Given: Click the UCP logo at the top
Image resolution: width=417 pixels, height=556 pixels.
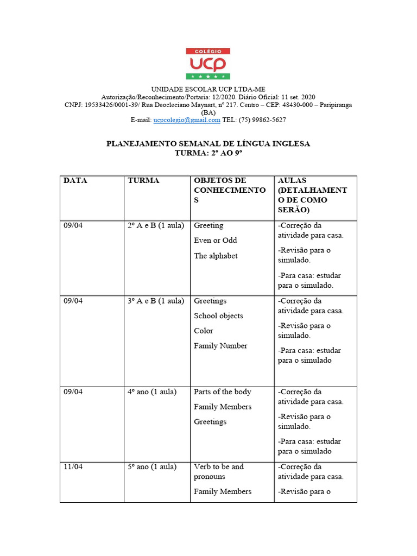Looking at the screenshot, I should pos(208,64).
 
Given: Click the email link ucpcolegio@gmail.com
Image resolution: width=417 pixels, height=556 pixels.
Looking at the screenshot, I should pos(187,120).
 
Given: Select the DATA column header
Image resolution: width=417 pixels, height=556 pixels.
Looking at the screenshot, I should pos(75,181).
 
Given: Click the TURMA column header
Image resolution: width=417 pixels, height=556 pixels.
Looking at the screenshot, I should pos(143,181).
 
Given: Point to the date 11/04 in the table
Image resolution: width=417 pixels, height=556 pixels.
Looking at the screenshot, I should pos(73,467).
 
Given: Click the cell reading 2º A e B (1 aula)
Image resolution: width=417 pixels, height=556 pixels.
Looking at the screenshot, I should pos(156,226).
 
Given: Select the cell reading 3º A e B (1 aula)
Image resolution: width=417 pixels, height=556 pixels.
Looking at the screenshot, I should pos(156,301).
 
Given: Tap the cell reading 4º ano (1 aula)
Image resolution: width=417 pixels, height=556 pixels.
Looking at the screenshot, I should pos(152,392).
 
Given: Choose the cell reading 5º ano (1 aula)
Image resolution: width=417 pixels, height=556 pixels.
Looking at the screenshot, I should pos(152,467).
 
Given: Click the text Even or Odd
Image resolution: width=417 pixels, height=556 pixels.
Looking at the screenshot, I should pos(216,241).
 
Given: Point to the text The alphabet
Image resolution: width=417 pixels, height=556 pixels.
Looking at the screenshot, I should pos(216,256).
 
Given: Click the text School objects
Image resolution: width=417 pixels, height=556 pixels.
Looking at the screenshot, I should pos(218,316).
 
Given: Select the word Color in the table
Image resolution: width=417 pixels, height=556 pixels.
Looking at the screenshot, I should pos(204,331).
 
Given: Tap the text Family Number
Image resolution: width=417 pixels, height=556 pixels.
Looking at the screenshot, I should pos(220,346).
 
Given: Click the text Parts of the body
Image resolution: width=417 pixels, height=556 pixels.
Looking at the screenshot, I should pos(222,392).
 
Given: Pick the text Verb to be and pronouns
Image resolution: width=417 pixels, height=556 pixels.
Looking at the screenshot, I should pos(219,471).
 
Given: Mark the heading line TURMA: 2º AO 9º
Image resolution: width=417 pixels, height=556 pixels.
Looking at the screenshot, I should pos(208,154).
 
